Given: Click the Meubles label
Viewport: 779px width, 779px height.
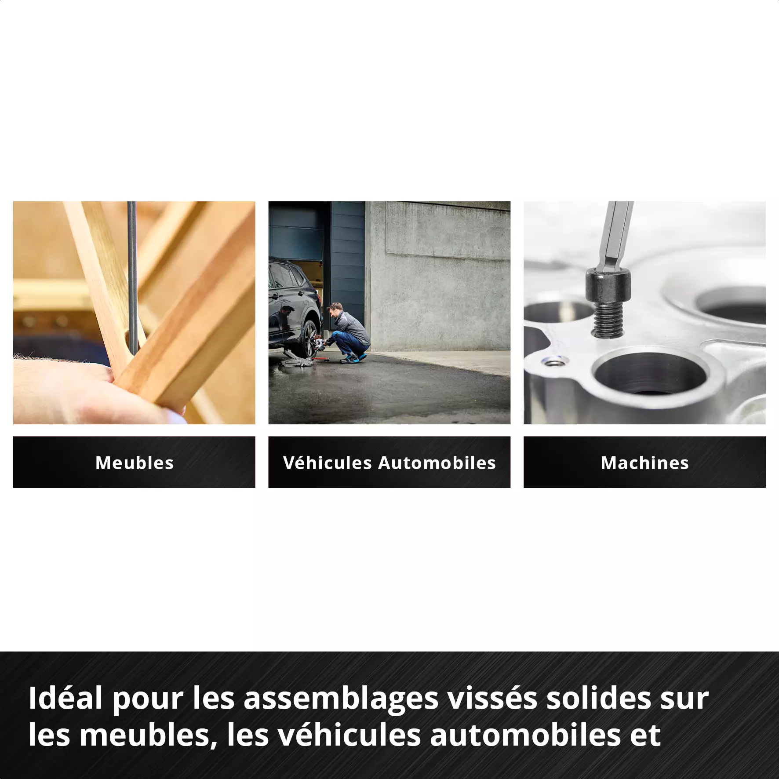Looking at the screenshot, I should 134,463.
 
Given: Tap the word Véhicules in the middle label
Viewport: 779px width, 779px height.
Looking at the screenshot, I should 328,463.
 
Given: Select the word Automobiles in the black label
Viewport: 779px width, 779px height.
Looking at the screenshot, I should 437,463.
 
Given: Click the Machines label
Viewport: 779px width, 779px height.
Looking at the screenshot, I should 644,463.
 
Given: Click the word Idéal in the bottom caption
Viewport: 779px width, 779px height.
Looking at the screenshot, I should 66,698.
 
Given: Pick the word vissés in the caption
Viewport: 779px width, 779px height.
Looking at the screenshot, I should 492,698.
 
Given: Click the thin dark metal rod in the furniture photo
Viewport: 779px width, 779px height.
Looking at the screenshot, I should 132,273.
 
